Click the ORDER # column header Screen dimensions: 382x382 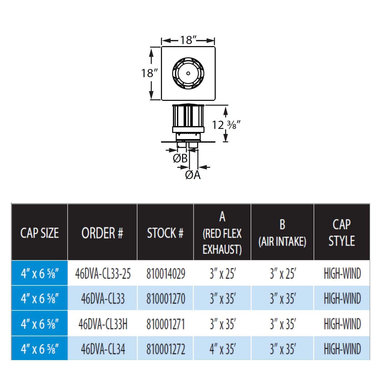pos(102,233)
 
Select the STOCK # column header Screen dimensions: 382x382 pos(165,233)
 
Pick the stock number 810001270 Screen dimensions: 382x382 pos(166,299)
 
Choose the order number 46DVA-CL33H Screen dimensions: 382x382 pos(103,324)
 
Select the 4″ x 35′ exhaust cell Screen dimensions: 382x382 pos(222,349)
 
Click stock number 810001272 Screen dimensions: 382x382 pos(166,349)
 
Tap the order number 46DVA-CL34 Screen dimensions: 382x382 pos(103,349)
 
